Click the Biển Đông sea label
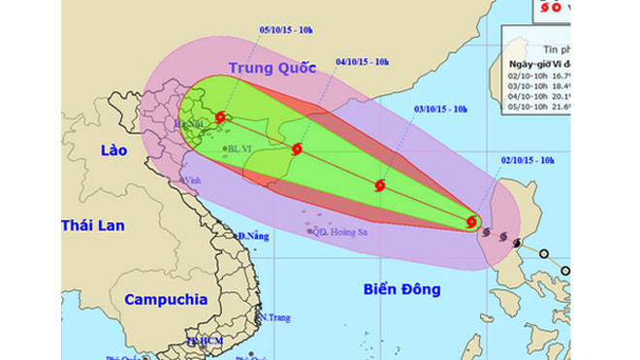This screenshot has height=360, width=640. [402, 289]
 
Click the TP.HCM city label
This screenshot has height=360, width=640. [206, 343]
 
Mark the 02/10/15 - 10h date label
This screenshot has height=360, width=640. [527, 158]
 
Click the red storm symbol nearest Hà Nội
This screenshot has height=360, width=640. [221, 117]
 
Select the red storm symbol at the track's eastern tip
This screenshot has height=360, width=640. [472, 222]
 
